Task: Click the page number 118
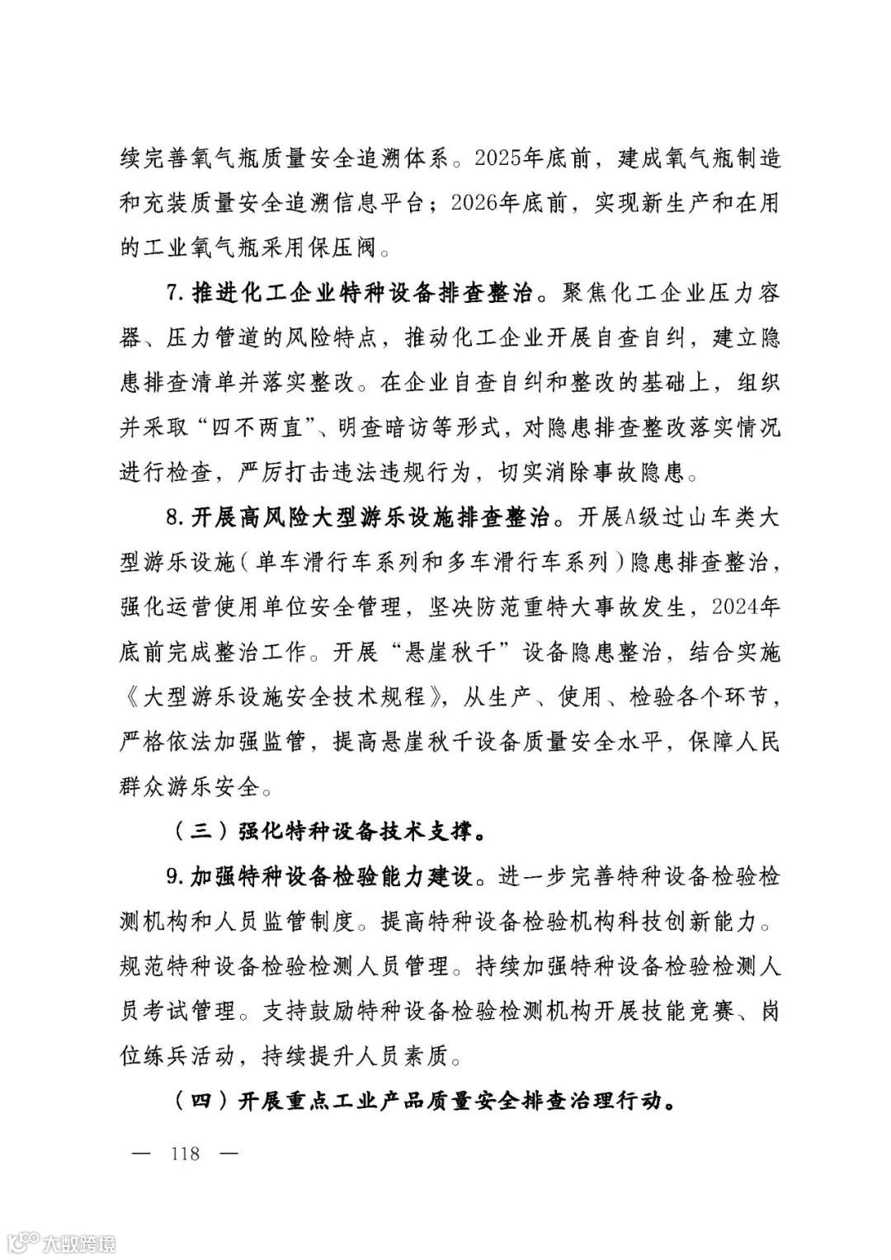[185, 1153]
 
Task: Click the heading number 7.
[172, 293]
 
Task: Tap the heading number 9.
[172, 876]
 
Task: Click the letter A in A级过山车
[608, 518]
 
